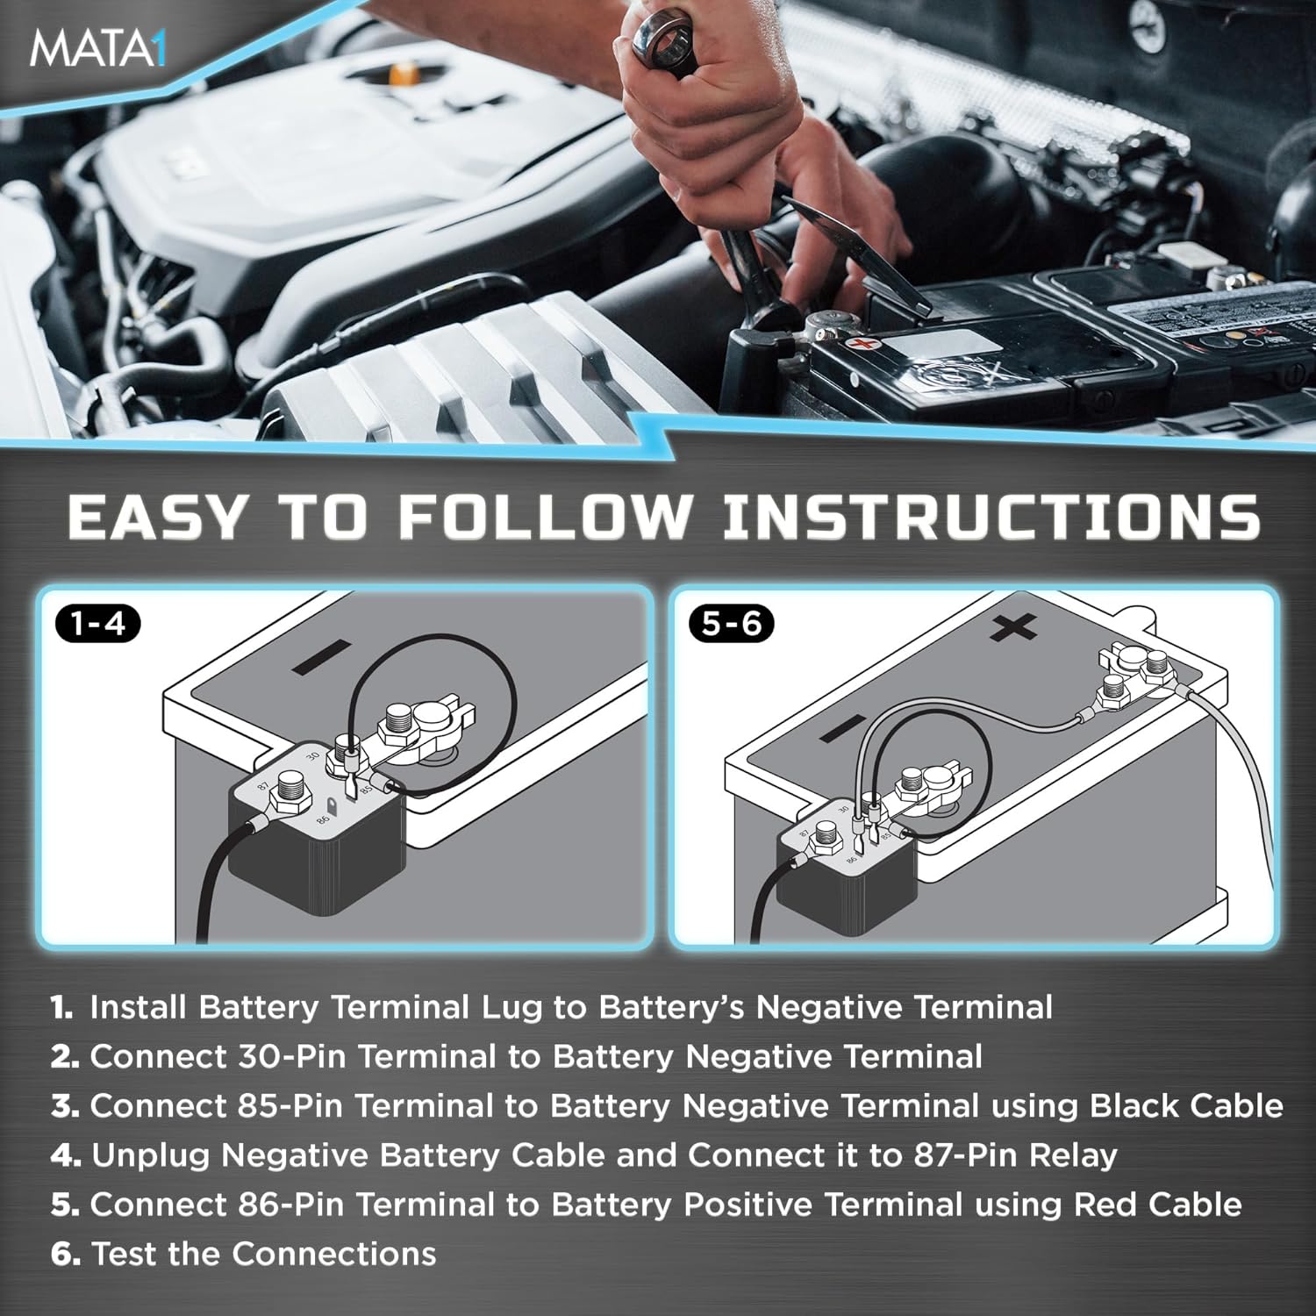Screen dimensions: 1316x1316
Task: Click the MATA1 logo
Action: [97, 49]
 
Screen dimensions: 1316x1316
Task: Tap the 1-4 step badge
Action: [97, 624]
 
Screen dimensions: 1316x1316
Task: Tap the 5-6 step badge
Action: [732, 624]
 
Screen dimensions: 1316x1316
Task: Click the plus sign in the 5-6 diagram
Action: [1013, 627]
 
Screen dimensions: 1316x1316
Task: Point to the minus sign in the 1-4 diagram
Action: [321, 658]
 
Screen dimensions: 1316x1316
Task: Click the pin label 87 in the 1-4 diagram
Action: [262, 787]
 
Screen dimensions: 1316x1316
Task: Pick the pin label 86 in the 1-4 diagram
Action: [323, 819]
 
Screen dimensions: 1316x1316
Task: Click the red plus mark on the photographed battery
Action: [865, 342]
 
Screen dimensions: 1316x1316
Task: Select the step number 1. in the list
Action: [61, 1007]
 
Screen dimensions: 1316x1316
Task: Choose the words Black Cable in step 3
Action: [1186, 1105]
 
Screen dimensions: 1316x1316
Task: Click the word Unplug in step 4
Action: [150, 1155]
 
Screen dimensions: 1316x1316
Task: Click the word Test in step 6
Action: [124, 1254]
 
